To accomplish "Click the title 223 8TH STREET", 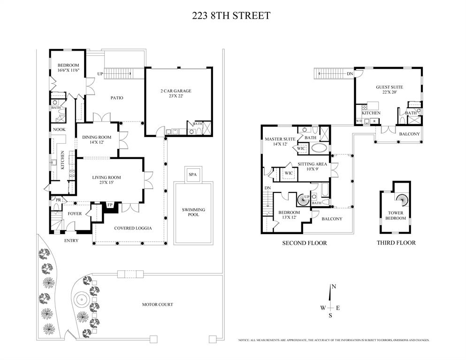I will [x=231, y=15].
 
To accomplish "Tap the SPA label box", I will [x=193, y=174].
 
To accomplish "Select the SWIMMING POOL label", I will [x=193, y=212].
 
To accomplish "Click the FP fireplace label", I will [x=110, y=205].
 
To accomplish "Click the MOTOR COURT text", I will [x=158, y=305].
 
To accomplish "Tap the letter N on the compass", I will [x=333, y=287].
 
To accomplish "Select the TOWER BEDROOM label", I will [x=396, y=215].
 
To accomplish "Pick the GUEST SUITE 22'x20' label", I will [x=390, y=90].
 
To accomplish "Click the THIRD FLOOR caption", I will [x=396, y=243].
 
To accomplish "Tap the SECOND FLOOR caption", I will [x=304, y=243].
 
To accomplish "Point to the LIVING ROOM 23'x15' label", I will [x=107, y=180].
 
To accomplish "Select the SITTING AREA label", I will [x=313, y=167].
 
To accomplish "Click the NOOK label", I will [x=59, y=130].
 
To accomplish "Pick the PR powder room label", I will [x=58, y=200].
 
